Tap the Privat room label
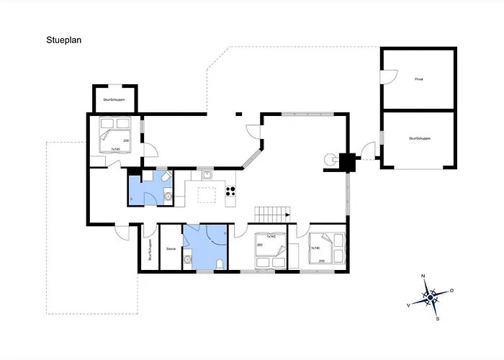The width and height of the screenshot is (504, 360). (x=418, y=79)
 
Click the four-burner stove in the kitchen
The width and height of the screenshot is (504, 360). (x=232, y=192)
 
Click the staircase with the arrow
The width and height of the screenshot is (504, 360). (x=272, y=214)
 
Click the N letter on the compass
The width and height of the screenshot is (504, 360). (x=424, y=276)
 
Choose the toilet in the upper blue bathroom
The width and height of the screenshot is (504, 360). (x=165, y=176)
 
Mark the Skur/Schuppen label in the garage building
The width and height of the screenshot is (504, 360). (x=418, y=138)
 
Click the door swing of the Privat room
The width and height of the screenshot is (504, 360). (x=389, y=73)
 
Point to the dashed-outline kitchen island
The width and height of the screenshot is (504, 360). (x=207, y=194)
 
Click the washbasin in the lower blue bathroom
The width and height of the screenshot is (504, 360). (x=187, y=261)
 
